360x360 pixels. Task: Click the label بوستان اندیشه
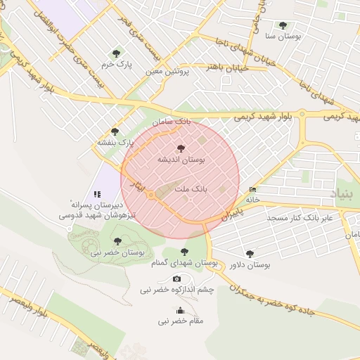coord(181,160)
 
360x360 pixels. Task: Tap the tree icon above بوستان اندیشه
coord(181,148)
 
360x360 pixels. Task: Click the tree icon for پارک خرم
coord(117,53)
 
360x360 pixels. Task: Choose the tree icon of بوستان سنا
coord(283,25)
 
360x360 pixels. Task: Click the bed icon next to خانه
coord(252,189)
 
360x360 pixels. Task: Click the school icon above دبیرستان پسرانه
coord(97,194)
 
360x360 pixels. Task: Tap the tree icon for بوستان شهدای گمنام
coord(184,252)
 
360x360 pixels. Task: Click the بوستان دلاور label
coord(250,265)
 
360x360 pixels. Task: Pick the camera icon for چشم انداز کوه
coord(176,279)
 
